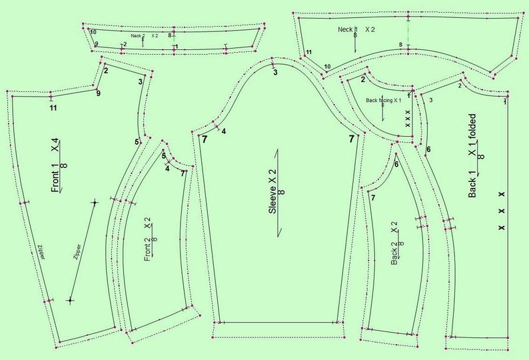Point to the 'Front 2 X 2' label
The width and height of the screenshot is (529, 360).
click(148, 239)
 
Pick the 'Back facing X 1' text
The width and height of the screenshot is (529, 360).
click(383, 100)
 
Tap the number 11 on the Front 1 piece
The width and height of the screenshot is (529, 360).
click(53, 107)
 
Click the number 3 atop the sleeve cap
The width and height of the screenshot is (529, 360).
click(274, 72)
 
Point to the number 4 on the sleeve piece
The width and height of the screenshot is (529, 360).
click(224, 131)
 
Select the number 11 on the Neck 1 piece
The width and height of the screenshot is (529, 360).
click(308, 52)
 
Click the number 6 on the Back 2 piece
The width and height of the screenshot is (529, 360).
click(396, 164)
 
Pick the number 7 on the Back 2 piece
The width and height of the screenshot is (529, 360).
click(373, 197)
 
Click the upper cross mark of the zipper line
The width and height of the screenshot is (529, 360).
click(95, 201)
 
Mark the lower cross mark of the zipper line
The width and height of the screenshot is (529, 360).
click(70, 301)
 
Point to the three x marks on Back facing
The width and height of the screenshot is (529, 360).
click(408, 117)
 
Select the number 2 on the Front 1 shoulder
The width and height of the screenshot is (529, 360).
click(106, 71)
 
